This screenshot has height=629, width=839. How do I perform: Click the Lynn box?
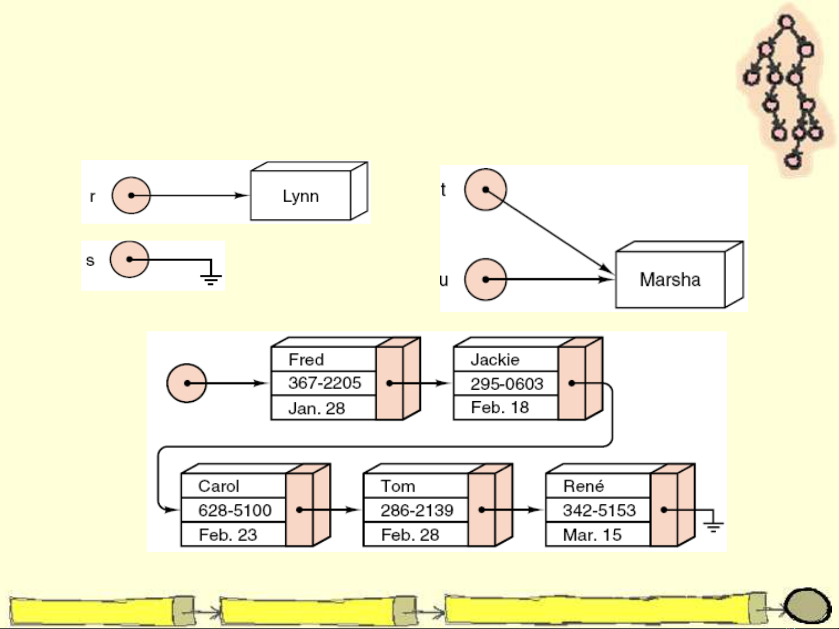(300, 196)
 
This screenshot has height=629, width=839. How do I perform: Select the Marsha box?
(670, 280)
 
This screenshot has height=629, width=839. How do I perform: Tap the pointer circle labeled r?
(131, 195)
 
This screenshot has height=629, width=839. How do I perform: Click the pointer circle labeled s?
(129, 259)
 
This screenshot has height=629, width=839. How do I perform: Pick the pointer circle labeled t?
(485, 189)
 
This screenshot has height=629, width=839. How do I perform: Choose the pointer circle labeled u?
(485, 280)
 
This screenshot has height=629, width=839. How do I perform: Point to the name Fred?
(306, 359)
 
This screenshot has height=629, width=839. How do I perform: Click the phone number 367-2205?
(324, 383)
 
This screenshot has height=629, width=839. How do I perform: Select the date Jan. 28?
(316, 408)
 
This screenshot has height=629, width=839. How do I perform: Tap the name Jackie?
(495, 359)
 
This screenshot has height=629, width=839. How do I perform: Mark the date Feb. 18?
(500, 407)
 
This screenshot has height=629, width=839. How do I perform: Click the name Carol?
(218, 486)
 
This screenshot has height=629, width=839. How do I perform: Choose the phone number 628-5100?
(235, 510)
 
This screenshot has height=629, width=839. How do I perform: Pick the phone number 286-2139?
(417, 510)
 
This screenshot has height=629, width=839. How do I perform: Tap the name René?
(583, 486)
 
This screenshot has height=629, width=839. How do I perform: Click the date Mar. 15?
(592, 535)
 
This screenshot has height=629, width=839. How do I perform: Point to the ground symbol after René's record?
(713, 525)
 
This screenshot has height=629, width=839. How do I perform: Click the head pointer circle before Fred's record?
(186, 383)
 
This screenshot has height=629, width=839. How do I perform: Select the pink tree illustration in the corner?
(786, 90)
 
